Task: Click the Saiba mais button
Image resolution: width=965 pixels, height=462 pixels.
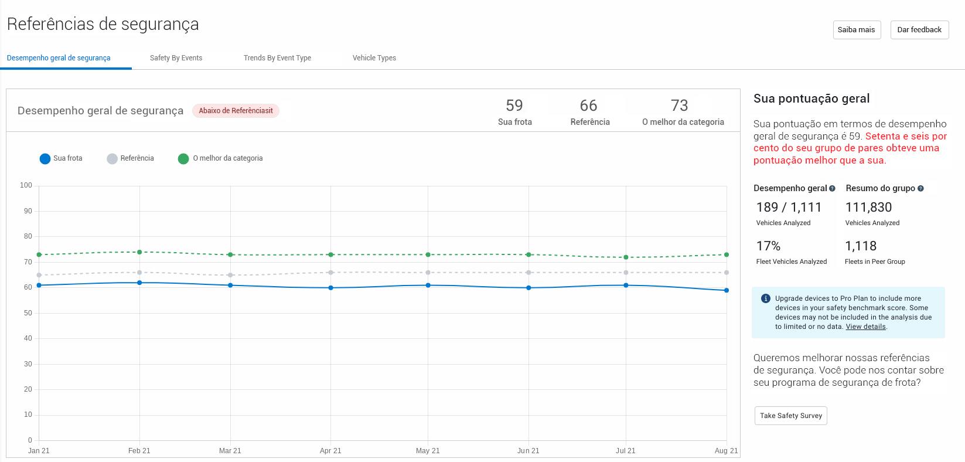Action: (x=857, y=30)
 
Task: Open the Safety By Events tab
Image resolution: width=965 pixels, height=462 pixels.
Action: (x=176, y=58)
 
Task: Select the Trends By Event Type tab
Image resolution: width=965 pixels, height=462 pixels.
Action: (x=277, y=58)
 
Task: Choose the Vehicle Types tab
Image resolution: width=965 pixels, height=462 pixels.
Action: (x=374, y=58)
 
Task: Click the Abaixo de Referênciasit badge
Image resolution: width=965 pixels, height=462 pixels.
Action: (x=236, y=111)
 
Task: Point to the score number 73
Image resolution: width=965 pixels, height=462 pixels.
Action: (x=679, y=106)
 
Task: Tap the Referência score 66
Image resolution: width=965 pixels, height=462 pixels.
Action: (x=588, y=106)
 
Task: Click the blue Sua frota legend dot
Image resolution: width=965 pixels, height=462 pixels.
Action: (x=45, y=159)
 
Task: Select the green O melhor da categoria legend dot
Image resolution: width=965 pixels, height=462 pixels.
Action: (x=183, y=159)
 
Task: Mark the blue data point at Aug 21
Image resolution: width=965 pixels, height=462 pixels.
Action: (x=727, y=290)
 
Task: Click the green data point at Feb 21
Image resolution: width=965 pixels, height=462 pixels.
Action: (x=139, y=252)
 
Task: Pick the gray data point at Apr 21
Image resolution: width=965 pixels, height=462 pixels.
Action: (x=331, y=273)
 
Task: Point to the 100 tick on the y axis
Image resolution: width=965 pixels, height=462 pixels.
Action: (x=26, y=185)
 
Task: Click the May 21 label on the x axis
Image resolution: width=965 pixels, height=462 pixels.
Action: (x=428, y=451)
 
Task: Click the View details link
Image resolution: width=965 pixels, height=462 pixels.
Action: (x=865, y=327)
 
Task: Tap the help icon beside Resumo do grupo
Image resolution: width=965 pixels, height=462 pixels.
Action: (x=920, y=189)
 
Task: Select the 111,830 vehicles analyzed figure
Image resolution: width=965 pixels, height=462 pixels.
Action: (x=868, y=208)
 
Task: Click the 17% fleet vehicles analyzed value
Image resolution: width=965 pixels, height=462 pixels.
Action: (x=768, y=246)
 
